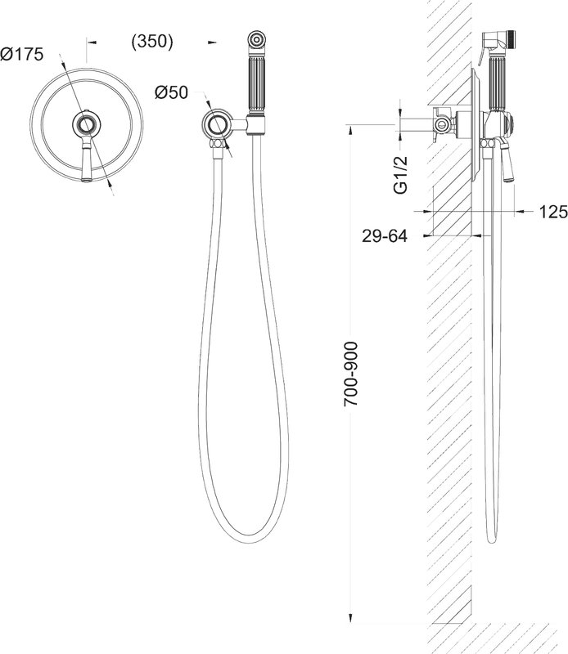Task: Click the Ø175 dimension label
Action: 22,54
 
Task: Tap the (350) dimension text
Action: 152,42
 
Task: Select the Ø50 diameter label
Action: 171,92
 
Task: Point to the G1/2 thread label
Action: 400,175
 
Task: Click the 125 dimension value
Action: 553,212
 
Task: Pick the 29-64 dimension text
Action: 384,236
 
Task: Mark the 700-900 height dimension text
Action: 350,374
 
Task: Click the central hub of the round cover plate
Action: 87,124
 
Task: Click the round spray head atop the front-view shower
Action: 256,39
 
